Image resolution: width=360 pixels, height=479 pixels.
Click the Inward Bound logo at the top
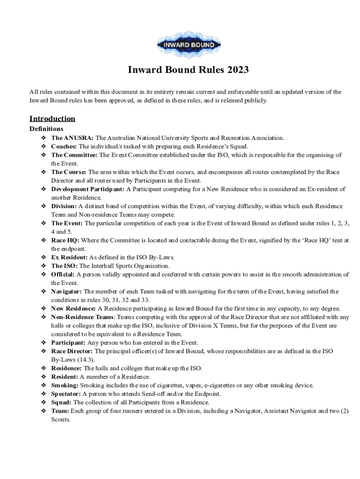[188, 45]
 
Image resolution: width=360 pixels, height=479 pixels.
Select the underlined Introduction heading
[52, 118]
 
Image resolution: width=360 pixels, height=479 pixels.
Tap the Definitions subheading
[46, 129]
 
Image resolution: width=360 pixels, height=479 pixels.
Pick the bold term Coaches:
[64, 146]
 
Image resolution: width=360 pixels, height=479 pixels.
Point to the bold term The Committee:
[74, 155]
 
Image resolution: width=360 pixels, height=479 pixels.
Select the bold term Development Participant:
[88, 189]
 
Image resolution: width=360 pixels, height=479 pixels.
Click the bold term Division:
[64, 206]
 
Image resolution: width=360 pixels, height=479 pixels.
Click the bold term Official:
[63, 275]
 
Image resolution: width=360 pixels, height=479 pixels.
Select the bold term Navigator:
[66, 291]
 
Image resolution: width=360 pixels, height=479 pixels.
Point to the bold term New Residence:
[73, 309]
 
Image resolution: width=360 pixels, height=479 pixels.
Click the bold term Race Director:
[72, 351]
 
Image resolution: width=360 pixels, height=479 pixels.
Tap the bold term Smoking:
[65, 385]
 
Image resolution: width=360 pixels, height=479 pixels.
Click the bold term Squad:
[62, 402]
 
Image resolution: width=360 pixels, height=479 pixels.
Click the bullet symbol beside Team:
[43, 411]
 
